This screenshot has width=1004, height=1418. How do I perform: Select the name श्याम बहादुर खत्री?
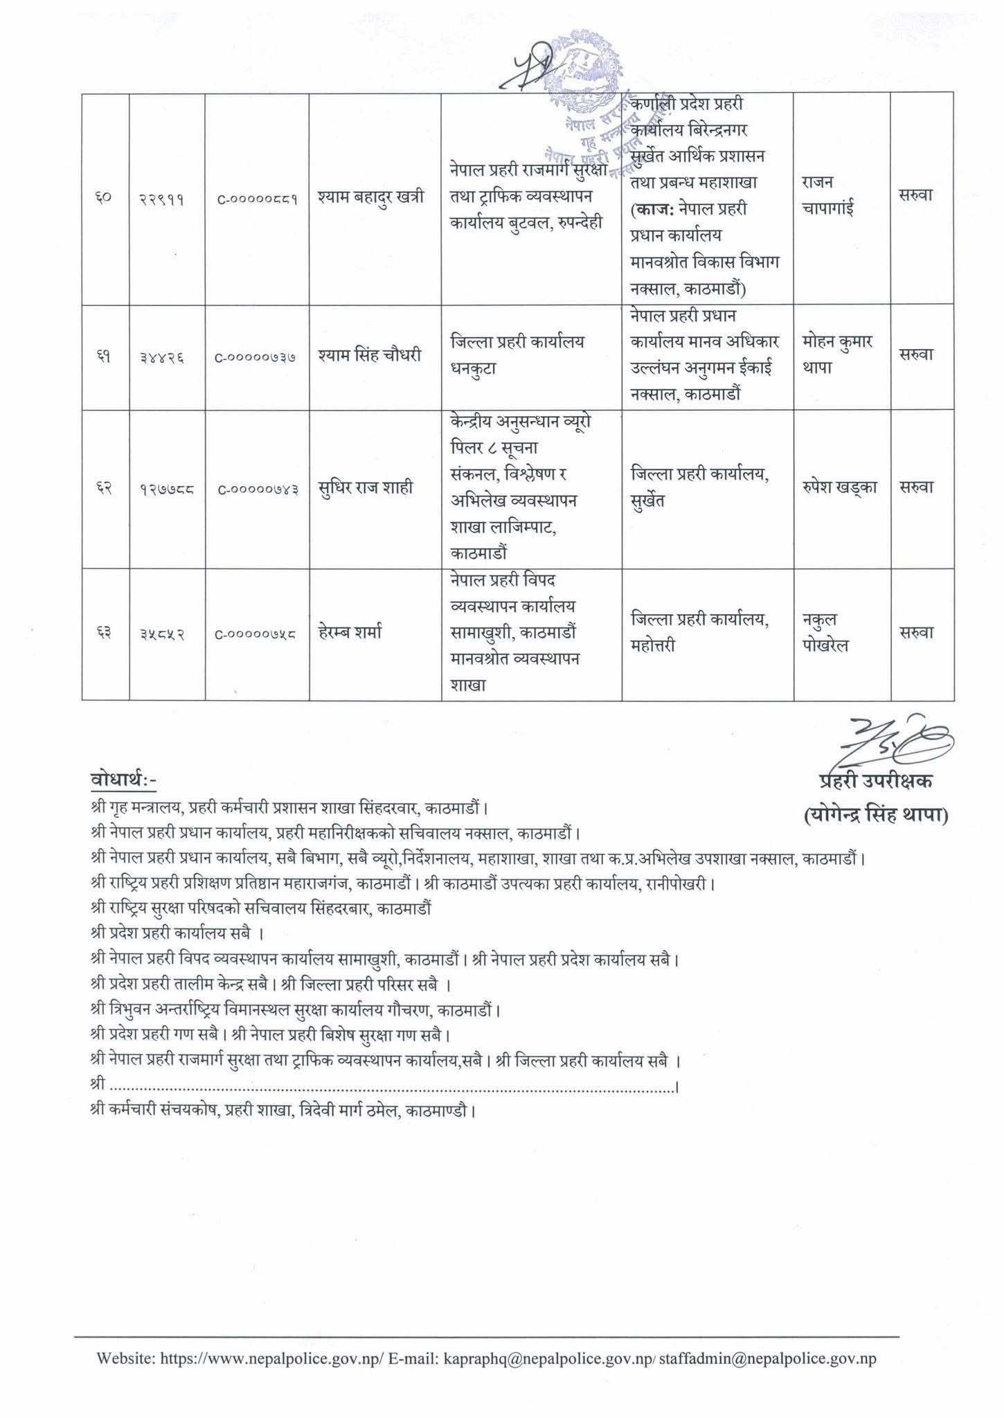click(x=371, y=197)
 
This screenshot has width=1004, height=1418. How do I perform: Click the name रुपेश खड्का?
click(x=841, y=487)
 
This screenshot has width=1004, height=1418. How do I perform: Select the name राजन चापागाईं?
click(x=829, y=195)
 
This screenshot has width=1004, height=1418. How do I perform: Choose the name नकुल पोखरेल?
click(x=825, y=632)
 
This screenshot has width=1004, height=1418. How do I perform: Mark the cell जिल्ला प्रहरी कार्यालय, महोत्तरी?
click(x=700, y=632)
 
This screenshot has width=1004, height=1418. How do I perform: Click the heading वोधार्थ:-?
click(x=124, y=780)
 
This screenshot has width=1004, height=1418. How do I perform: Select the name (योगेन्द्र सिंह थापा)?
click(x=876, y=816)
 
